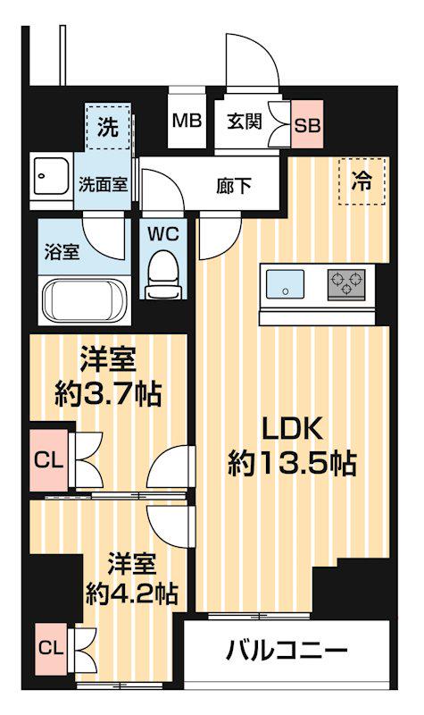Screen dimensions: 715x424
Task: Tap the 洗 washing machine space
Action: coord(107,127)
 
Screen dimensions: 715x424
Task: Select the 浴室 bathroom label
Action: coord(62,250)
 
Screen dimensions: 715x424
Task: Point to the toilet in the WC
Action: coord(162,273)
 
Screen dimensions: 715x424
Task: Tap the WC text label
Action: coord(162,234)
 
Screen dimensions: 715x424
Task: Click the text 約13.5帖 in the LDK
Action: coord(292,462)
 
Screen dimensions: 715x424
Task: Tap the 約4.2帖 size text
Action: coord(129,592)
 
